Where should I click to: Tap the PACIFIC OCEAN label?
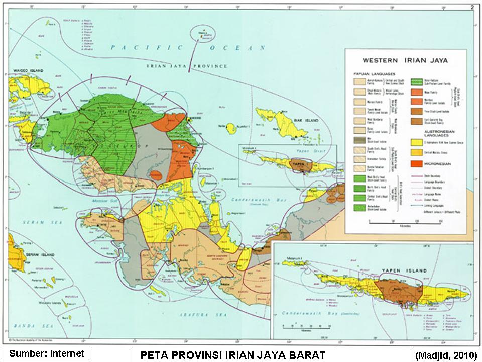point(188,48)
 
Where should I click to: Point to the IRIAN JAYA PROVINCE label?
point(186,66)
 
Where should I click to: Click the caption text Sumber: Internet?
point(47,353)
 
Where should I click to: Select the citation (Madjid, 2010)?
point(444,355)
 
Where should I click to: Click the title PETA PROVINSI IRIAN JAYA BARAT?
point(233,354)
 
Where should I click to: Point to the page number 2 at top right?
point(472,7)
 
